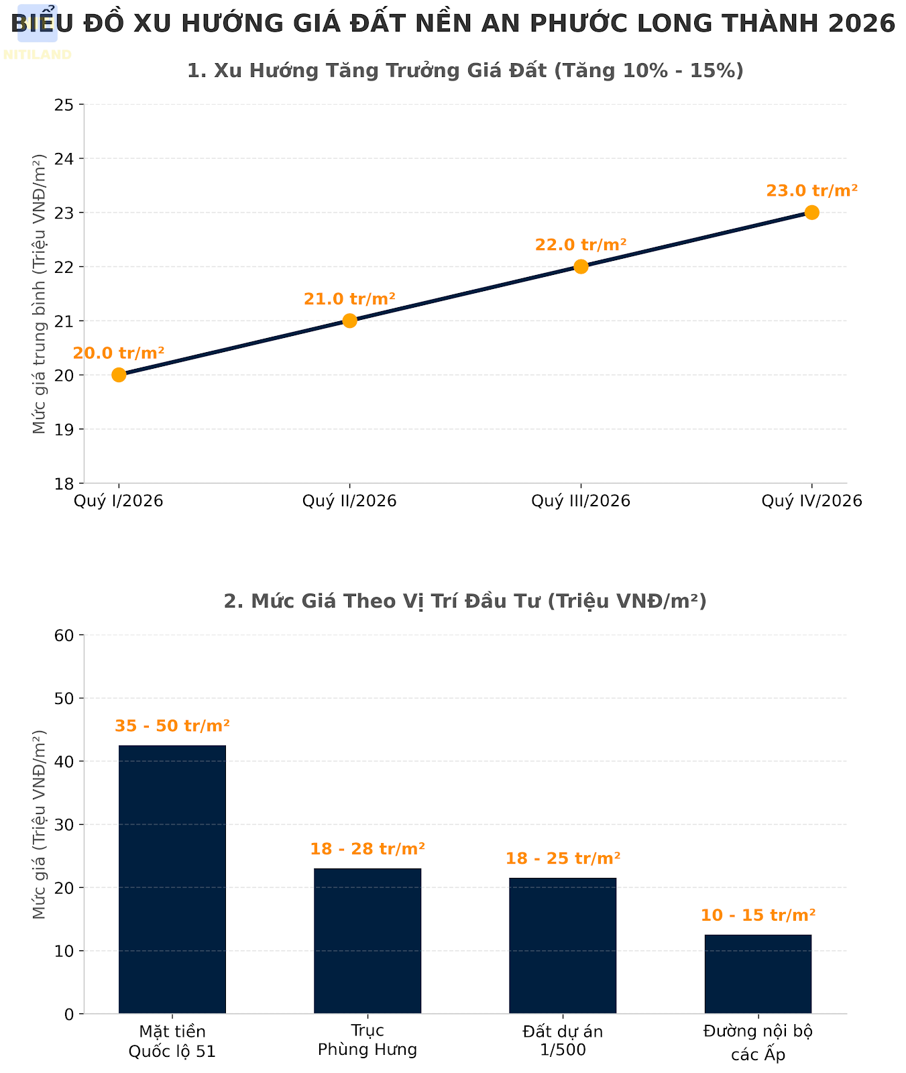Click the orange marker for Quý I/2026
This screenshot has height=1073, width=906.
tap(119, 375)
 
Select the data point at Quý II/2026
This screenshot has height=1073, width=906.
tap(349, 321)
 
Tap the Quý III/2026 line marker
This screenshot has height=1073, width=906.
tap(581, 266)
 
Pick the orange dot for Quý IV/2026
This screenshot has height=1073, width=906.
tap(811, 213)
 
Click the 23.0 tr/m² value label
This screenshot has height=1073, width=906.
tap(811, 191)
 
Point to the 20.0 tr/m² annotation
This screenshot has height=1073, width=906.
tap(119, 353)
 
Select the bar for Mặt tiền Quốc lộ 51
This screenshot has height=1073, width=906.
tap(172, 879)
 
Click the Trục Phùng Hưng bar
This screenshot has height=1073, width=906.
tap(367, 940)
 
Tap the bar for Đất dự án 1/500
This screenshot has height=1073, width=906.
tap(563, 945)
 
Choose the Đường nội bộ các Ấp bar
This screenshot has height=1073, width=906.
tap(758, 974)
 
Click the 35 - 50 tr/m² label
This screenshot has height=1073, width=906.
tap(172, 726)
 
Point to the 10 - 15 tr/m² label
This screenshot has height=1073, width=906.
tap(758, 915)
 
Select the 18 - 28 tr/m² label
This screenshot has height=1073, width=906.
tap(367, 849)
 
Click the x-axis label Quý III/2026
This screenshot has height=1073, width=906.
tap(581, 501)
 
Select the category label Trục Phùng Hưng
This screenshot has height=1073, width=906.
tap(367, 1040)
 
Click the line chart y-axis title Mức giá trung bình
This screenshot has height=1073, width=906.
tap(40, 294)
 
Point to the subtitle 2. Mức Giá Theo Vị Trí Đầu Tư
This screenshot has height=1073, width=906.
tap(465, 601)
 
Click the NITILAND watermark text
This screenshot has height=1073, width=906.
tap(38, 55)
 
